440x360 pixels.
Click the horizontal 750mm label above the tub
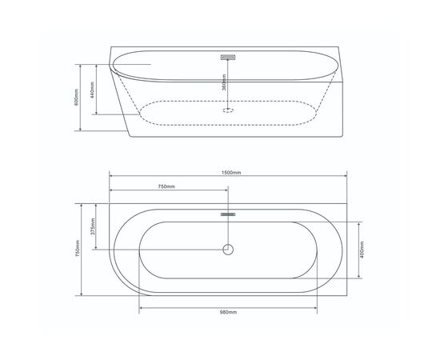point(167,187)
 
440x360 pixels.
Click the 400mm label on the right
point(362,250)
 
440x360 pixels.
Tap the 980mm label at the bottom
point(229,312)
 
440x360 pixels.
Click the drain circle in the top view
point(228,249)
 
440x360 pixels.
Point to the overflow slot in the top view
point(228,214)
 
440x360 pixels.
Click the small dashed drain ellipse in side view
point(228,110)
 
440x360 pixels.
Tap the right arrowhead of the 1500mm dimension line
point(347,178)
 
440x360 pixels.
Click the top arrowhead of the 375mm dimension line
point(100,204)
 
